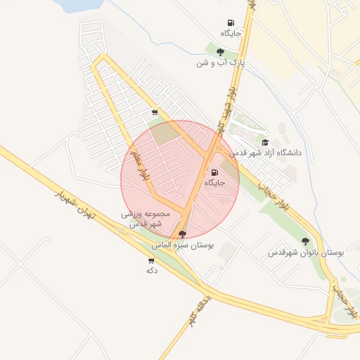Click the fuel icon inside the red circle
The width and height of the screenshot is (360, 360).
click(x=214, y=172)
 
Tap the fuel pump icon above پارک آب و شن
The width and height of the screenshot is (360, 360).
click(x=231, y=22)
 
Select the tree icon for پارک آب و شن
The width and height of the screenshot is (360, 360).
click(x=220, y=52)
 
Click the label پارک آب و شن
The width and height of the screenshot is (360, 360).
click(x=221, y=63)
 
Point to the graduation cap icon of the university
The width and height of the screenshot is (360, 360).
click(x=265, y=142)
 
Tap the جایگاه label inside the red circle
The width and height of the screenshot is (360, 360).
click(x=214, y=183)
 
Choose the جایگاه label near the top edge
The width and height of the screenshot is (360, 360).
click(x=231, y=33)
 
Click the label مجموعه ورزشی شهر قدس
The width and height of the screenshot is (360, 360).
click(x=146, y=218)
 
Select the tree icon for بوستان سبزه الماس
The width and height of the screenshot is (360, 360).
click(x=183, y=234)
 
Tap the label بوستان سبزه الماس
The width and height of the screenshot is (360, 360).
click(x=184, y=245)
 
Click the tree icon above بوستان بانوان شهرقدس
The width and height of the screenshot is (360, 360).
click(x=305, y=241)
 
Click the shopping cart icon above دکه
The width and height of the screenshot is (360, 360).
click(x=151, y=260)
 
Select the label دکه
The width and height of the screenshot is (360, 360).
click(x=151, y=270)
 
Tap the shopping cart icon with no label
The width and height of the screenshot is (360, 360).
click(x=155, y=112)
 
